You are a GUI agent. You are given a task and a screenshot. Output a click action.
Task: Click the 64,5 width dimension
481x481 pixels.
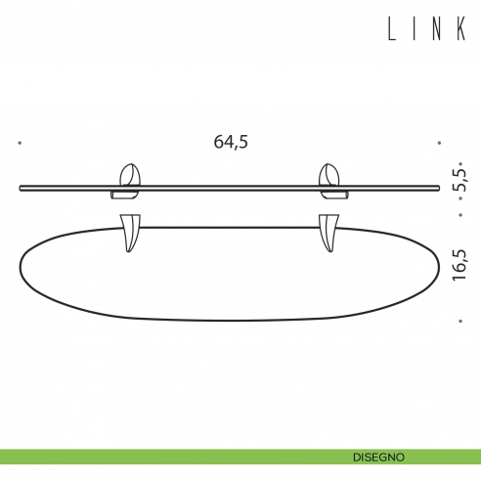click(x=231, y=142)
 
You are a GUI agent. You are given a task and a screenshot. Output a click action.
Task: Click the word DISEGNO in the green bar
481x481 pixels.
click(x=379, y=457)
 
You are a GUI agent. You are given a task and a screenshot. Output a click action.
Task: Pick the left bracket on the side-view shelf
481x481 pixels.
click(x=129, y=181)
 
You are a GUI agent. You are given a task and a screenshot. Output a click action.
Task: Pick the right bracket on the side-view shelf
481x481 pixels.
click(x=330, y=181)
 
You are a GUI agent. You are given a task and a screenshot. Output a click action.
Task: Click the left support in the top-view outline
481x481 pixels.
click(x=130, y=236)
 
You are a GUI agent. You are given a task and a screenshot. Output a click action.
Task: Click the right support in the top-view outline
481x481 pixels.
click(x=328, y=236)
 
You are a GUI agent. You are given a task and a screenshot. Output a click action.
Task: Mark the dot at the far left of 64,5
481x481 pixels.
click(x=20, y=143)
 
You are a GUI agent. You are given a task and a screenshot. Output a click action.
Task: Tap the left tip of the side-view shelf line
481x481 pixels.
click(x=22, y=187)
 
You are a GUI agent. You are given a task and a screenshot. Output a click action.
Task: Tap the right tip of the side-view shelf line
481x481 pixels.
click(x=439, y=187)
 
